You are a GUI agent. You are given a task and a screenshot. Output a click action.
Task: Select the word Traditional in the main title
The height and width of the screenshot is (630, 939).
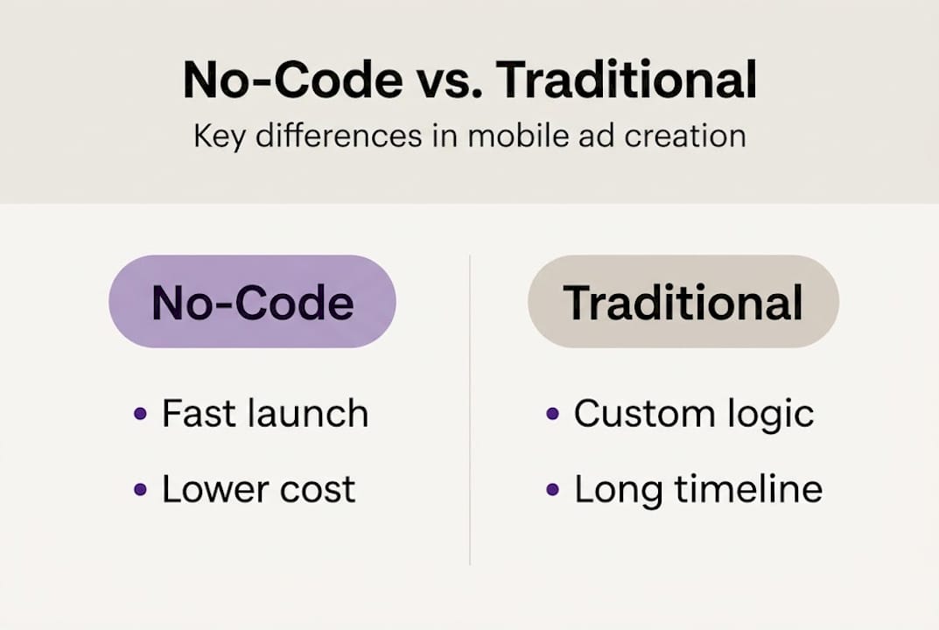627,80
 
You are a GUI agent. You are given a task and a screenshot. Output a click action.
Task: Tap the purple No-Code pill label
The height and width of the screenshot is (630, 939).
252,302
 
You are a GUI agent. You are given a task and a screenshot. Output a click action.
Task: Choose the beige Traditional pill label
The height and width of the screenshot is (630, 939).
683,302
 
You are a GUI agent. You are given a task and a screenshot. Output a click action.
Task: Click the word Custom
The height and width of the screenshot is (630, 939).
641,414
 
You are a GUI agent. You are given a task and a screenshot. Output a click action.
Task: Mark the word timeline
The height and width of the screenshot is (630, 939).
749,489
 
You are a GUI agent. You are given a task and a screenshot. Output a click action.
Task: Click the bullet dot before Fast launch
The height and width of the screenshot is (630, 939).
140,415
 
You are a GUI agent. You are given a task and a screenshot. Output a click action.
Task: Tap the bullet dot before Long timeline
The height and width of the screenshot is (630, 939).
552,490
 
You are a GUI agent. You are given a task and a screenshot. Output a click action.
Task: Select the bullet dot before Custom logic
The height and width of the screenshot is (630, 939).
552,415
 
